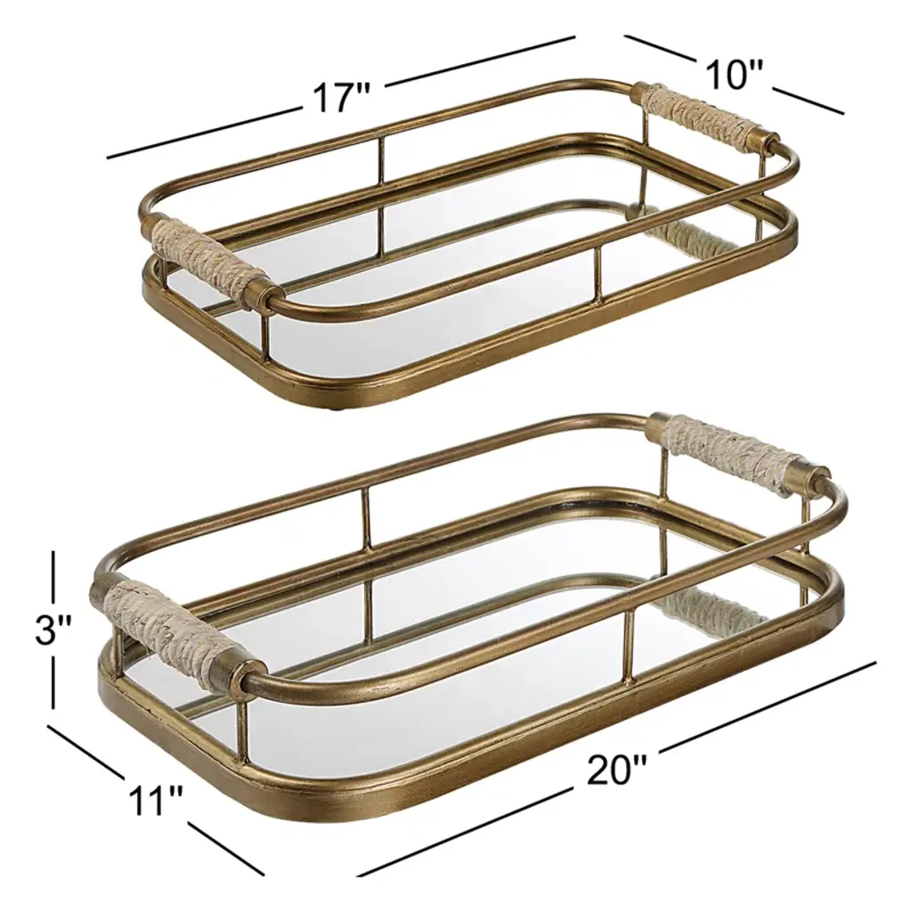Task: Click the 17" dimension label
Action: pyautogui.click(x=342, y=97)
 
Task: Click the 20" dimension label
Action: pyautogui.click(x=616, y=769)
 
